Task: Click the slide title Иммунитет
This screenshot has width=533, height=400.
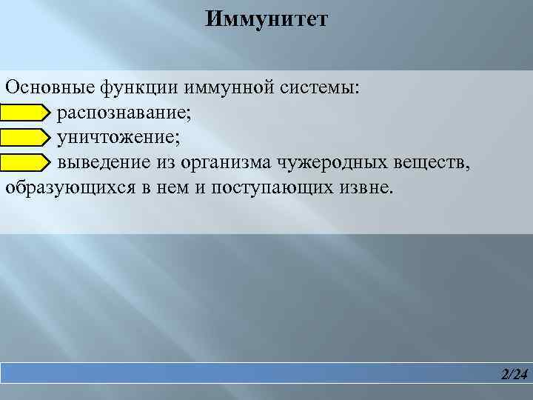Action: pyautogui.click(x=266, y=18)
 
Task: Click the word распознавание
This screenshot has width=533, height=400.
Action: pyautogui.click(x=127, y=113)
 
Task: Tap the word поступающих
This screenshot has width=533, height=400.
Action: pyautogui.click(x=266, y=187)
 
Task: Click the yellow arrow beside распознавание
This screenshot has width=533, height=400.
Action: pyautogui.click(x=24, y=113)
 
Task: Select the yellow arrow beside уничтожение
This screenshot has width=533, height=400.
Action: pyautogui.click(x=24, y=138)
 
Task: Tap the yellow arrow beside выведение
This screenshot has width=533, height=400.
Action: pyautogui.click(x=24, y=162)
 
